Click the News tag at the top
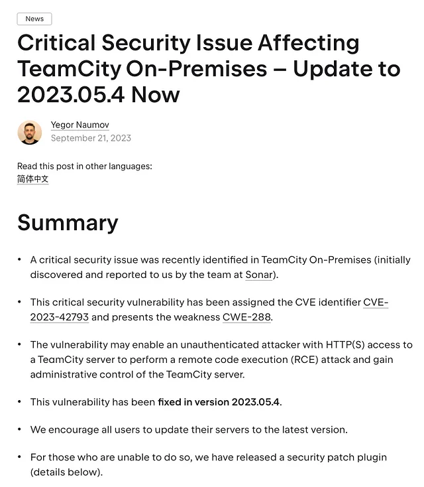34,19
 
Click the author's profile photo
30,132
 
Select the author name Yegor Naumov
79,125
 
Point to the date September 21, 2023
91,138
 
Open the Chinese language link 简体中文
33,179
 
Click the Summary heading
68,223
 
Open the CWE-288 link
246,317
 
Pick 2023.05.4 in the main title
71,94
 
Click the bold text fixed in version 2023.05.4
219,402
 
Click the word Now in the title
156,94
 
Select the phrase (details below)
66,472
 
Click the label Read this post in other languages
84,166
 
